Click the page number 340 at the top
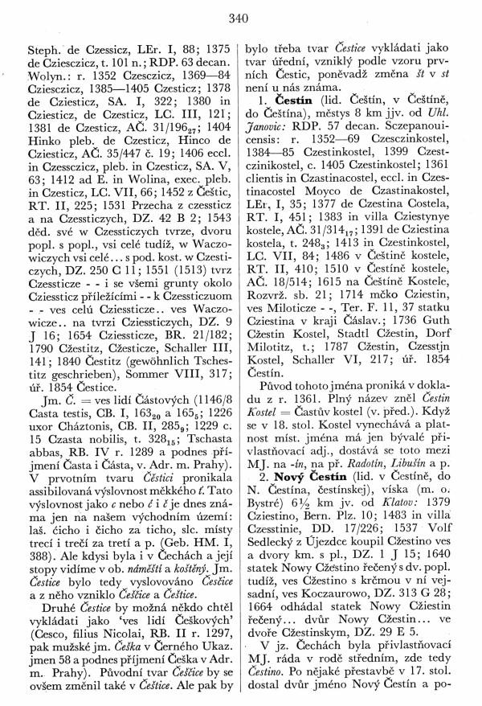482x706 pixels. tap(241, 16)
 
